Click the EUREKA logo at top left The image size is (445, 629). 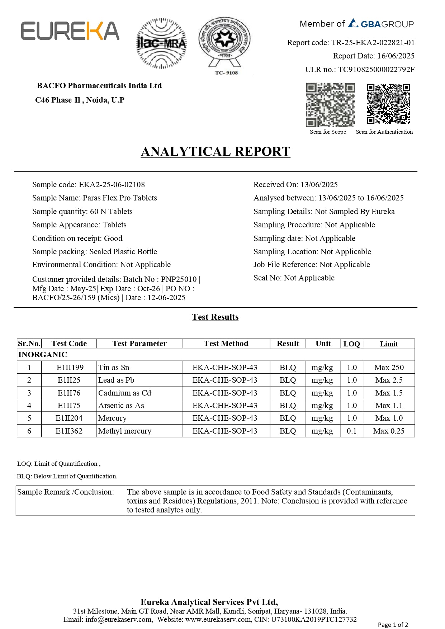click(70, 31)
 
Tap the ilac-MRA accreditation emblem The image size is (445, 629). click(161, 43)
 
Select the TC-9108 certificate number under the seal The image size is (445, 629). click(226, 73)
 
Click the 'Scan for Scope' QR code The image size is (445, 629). click(330, 105)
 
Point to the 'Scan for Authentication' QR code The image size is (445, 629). click(388, 104)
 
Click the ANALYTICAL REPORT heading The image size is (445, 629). click(215, 152)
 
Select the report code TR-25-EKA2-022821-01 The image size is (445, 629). click(373, 43)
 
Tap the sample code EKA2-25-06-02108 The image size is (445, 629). click(112, 185)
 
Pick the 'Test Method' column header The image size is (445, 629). click(226, 344)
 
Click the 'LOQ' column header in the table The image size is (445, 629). click(351, 344)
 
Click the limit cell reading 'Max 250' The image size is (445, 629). click(389, 368)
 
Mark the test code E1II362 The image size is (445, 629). click(69, 431)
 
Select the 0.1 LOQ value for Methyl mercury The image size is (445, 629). click(351, 431)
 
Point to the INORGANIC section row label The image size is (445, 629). click(43, 355)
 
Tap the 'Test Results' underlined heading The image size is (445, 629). click(215, 317)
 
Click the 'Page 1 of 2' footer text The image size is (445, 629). click(393, 624)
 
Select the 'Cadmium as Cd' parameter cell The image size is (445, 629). click(125, 393)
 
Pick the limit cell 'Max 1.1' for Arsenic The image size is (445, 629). click(389, 406)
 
